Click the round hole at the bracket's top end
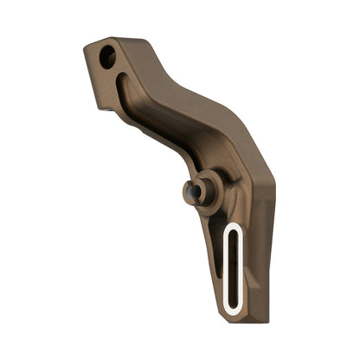(107, 57)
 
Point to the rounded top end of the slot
(233, 230)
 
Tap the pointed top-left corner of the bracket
(86, 43)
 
